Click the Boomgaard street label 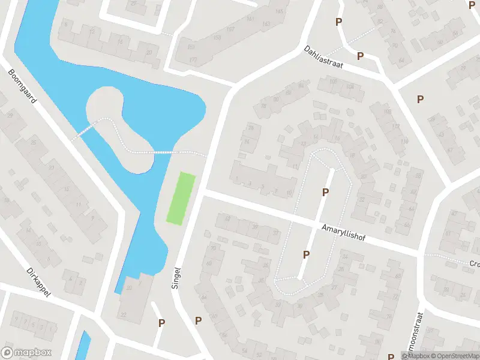(x=23, y=86)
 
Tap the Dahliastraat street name (x=323, y=58)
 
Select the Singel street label (x=176, y=278)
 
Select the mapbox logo (x=26, y=353)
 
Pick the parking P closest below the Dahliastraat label (x=360, y=56)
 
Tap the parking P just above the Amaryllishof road (x=325, y=192)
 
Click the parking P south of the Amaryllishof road (x=306, y=255)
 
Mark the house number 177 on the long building (x=193, y=60)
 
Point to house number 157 (x=230, y=29)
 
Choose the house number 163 (x=266, y=23)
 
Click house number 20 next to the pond (x=149, y=53)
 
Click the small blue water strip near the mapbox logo (x=85, y=344)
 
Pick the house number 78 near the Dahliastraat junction (x=263, y=107)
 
